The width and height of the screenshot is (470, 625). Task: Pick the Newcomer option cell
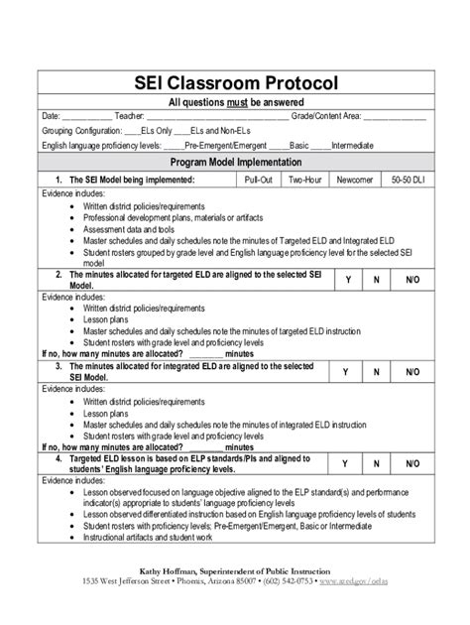click(x=354, y=180)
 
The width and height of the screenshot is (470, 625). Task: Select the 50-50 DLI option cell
click(x=407, y=180)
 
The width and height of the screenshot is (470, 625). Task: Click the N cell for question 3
click(x=377, y=371)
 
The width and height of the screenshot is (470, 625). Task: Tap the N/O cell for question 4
click(x=412, y=463)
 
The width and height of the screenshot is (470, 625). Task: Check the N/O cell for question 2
click(x=412, y=281)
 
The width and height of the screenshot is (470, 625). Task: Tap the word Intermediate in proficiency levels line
click(x=354, y=145)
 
